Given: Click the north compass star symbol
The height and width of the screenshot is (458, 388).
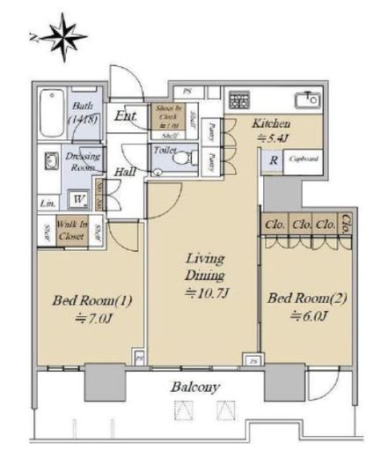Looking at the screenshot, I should pos(61,36).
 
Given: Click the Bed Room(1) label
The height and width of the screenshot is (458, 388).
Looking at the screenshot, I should pos(92,301).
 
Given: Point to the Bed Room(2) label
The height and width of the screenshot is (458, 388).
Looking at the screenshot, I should pos(307,299).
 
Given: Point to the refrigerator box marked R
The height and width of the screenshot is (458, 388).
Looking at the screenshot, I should pos(274,160).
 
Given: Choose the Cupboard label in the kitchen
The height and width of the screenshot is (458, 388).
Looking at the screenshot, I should pos(303,159).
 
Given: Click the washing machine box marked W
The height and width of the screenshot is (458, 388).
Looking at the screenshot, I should pos(78,198).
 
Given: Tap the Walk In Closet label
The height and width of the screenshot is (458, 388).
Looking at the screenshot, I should pos(70,230).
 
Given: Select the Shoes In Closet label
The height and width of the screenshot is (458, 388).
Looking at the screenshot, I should pos(167,115).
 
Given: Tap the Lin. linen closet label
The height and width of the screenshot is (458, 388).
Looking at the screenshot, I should pos(46,204).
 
